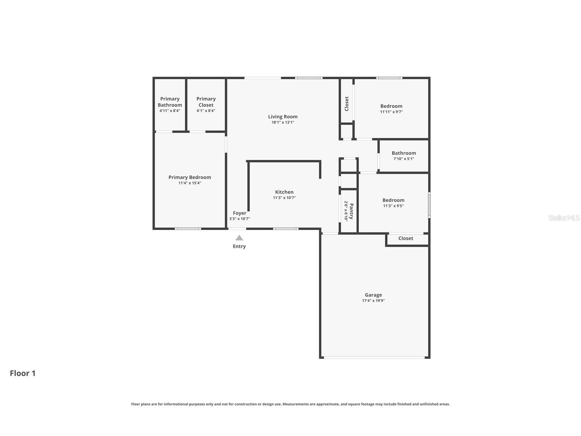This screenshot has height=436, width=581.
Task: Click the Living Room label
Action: click(x=282, y=117)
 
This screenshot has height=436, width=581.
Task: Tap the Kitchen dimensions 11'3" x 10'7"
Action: click(x=284, y=198)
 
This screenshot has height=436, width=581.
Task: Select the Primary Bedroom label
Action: click(x=190, y=177)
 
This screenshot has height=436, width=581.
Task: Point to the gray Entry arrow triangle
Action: click(x=239, y=238)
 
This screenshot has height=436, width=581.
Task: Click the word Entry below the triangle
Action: click(x=239, y=246)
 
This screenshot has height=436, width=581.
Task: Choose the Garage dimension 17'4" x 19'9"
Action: click(x=373, y=301)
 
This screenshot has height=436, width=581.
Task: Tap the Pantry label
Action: click(x=351, y=211)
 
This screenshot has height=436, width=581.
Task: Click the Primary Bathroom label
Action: click(x=170, y=102)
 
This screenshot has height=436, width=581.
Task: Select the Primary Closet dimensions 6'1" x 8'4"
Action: click(x=206, y=111)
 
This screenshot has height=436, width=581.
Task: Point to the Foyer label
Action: click(x=239, y=213)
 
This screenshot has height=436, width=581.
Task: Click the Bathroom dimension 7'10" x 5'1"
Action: click(x=404, y=159)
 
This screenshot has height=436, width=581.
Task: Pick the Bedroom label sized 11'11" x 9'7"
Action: click(x=391, y=106)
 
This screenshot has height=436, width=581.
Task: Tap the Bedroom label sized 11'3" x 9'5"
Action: click(x=393, y=200)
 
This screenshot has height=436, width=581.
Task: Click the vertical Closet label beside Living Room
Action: click(x=346, y=104)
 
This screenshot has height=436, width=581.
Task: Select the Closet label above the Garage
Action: click(x=406, y=238)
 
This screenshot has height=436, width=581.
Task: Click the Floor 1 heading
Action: click(x=23, y=373)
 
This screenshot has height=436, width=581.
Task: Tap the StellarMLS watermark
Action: click(x=564, y=218)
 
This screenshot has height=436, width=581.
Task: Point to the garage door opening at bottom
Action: click(x=374, y=358)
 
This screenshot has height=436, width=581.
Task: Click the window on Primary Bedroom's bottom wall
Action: click(x=188, y=229)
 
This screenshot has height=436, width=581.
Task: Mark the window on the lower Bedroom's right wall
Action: click(x=429, y=205)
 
